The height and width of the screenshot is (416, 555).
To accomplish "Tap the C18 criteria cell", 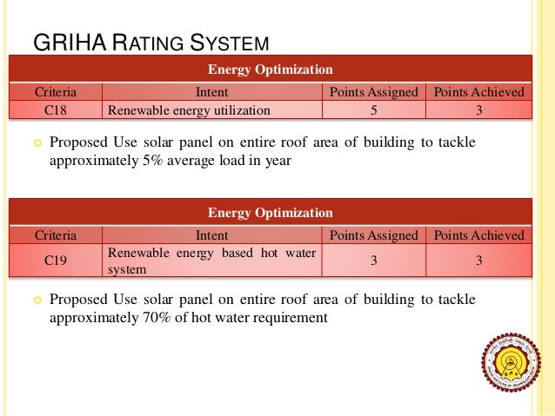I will click(x=55, y=110).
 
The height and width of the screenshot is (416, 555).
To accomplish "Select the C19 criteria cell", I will click(x=55, y=260).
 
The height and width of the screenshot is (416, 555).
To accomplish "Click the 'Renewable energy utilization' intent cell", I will click(x=188, y=110).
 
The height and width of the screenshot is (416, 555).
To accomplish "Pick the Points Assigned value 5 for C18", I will click(x=373, y=110).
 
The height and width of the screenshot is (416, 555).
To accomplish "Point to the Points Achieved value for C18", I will click(x=478, y=110).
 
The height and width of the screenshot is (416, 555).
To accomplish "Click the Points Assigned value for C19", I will click(x=373, y=260).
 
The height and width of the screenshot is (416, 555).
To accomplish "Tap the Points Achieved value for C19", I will click(x=478, y=260).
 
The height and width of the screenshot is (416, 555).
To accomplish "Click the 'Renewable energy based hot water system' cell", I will click(x=211, y=261).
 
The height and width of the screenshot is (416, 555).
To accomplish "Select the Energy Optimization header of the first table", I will click(x=270, y=69).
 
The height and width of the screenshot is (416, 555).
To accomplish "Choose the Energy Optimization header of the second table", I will click(x=270, y=212).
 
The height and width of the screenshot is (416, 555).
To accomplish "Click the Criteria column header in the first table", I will click(x=55, y=92).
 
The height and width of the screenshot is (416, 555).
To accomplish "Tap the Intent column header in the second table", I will click(x=212, y=235).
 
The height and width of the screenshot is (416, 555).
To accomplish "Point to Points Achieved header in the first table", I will click(x=478, y=92).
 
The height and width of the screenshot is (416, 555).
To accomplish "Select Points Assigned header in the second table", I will click(x=373, y=235).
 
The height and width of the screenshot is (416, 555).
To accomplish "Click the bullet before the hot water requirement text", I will click(x=36, y=300).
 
